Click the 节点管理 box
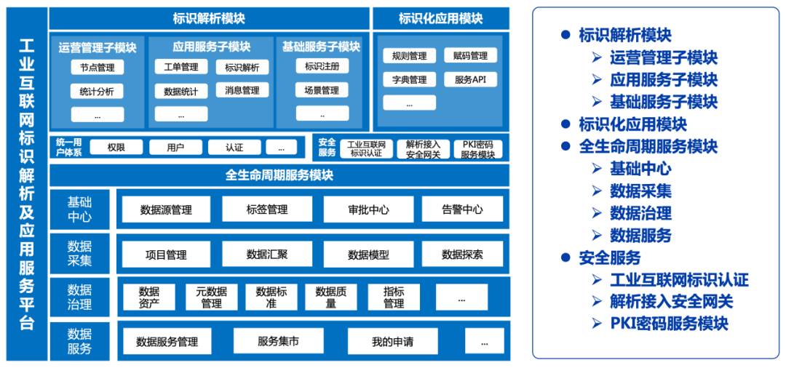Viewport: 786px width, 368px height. [x=98, y=68]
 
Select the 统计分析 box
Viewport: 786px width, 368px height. [x=98, y=92]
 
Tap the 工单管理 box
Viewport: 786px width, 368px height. [x=181, y=67]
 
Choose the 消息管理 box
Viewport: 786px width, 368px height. [x=242, y=90]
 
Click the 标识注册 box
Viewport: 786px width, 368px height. [x=322, y=66]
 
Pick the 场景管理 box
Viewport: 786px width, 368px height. [x=322, y=90]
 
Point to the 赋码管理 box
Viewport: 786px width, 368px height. [x=470, y=56]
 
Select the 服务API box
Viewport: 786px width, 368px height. [x=470, y=79]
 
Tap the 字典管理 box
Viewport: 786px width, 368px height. [x=409, y=79]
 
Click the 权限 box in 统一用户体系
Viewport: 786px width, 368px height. [x=116, y=148]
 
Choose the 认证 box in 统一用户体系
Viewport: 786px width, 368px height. [x=234, y=148]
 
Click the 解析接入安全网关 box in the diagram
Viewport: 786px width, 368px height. [x=423, y=149]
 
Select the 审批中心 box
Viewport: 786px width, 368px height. [x=368, y=209]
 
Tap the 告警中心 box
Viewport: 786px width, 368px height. [x=462, y=209]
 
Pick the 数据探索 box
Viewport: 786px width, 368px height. [x=462, y=255]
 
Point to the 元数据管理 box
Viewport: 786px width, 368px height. [x=211, y=297]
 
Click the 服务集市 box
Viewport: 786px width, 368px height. [x=278, y=341]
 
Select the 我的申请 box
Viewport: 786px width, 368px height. [x=392, y=341]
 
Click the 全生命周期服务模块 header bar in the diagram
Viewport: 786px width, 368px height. [x=279, y=175]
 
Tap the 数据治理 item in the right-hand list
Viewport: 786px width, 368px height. [x=640, y=213]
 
